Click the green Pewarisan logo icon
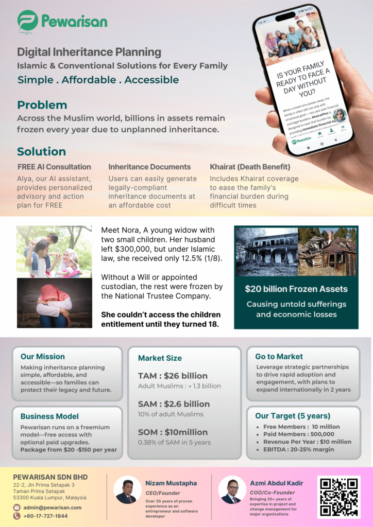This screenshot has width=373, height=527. (28, 21)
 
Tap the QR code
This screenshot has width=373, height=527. (338, 497)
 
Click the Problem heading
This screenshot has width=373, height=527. (42, 105)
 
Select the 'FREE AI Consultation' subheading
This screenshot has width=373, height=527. (54, 167)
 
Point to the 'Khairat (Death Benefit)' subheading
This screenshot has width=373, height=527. (250, 167)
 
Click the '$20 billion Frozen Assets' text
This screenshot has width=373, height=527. (296, 289)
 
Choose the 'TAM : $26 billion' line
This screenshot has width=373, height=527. (173, 376)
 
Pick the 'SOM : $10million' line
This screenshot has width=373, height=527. (173, 432)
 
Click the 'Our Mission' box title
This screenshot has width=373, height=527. (43, 357)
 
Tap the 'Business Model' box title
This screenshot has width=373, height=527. (49, 416)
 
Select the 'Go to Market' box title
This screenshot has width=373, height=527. (279, 357)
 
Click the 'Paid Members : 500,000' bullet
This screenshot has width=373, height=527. (299, 434)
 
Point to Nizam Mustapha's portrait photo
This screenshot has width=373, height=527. (127, 490)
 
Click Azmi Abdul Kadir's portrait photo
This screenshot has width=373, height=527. (232, 490)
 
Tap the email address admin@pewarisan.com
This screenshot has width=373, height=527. (52, 507)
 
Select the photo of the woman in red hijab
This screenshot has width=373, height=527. (54, 303)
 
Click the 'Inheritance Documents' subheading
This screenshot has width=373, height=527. (149, 167)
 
